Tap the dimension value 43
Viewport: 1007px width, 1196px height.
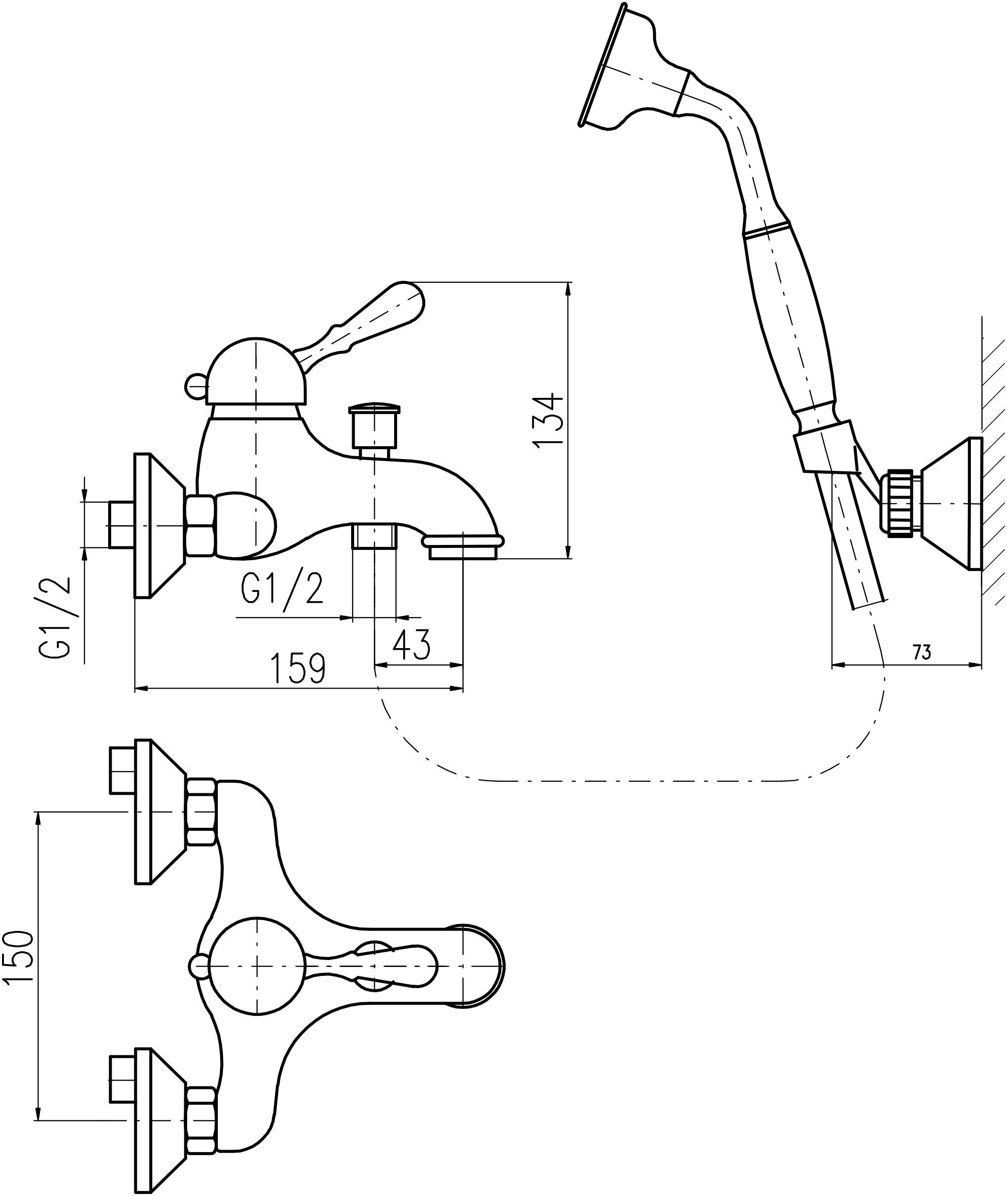coord(411,645)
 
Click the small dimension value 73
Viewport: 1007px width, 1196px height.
coord(922,653)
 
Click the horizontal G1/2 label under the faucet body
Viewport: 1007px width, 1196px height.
coord(282,589)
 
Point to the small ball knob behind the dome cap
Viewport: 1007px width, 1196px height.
coord(195,385)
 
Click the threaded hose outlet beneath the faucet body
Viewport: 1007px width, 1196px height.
coord(374,535)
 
